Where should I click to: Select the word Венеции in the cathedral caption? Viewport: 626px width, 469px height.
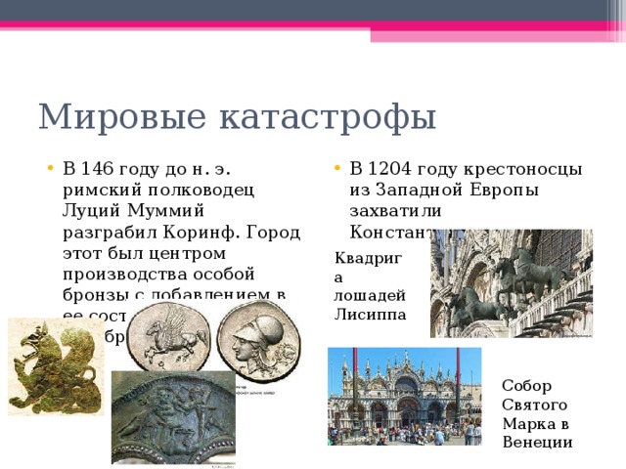(x=537, y=442)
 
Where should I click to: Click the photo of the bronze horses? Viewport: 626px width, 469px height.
(x=511, y=283)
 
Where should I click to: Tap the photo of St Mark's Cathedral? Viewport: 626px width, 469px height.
(x=404, y=396)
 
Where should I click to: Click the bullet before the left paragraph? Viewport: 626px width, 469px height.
(x=50, y=168)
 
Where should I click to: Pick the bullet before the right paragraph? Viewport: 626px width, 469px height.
(x=337, y=168)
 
